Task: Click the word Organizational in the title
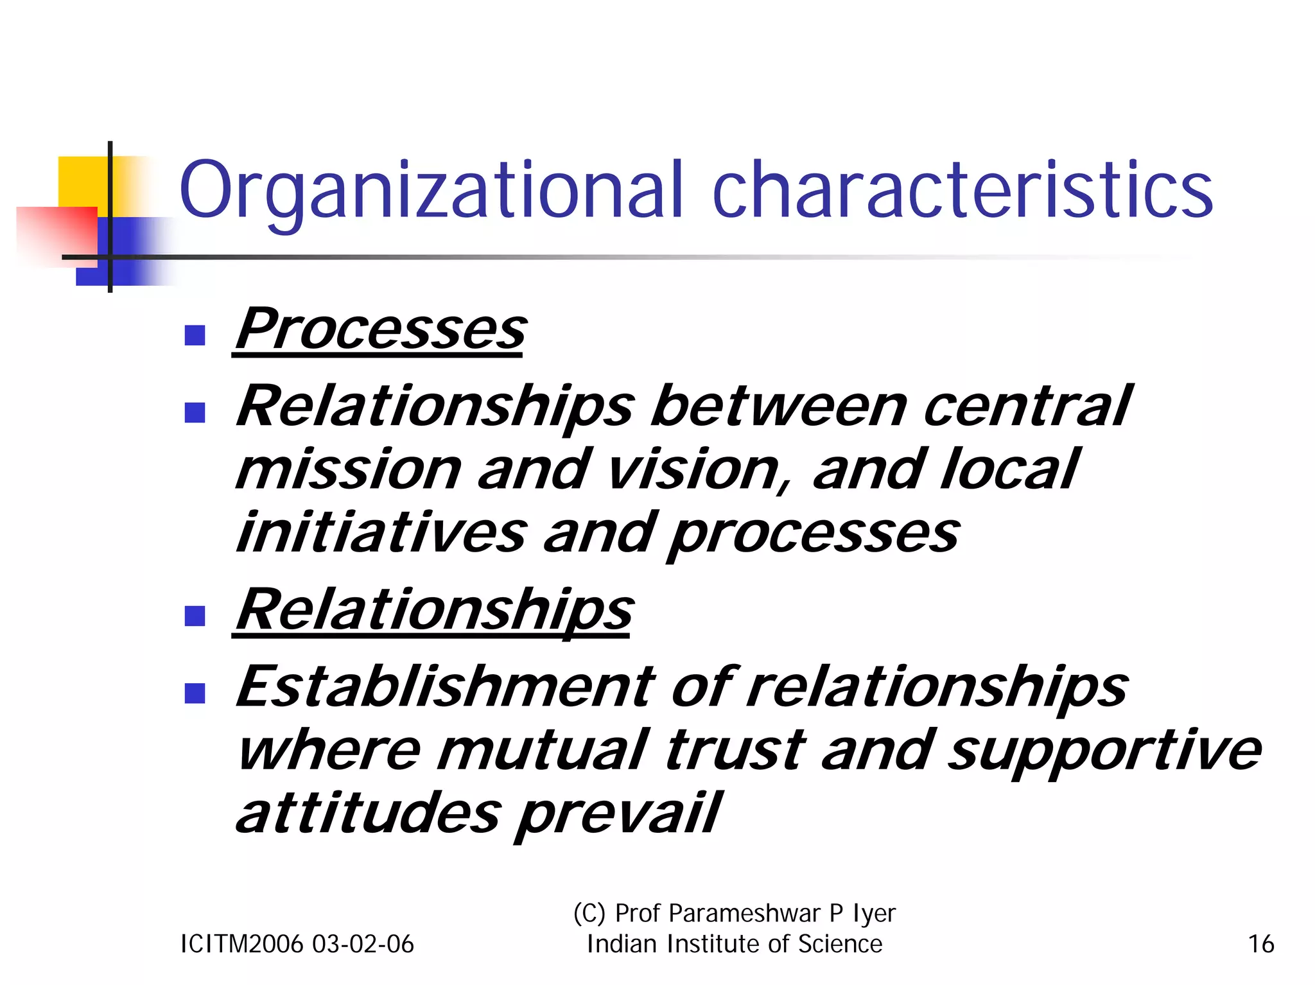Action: pos(430,191)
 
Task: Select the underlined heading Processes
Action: pos(380,329)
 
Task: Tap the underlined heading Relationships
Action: pos(434,610)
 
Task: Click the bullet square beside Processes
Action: pos(194,335)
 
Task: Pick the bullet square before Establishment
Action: pos(194,693)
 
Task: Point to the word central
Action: pos(1026,407)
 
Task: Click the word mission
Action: pos(348,470)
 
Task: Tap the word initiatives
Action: pos(381,533)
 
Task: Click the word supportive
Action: pos(1104,750)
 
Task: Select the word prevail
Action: pos(619,814)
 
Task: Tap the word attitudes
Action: pos(367,814)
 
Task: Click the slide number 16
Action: pos(1260,945)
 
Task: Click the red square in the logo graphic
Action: pos(58,234)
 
